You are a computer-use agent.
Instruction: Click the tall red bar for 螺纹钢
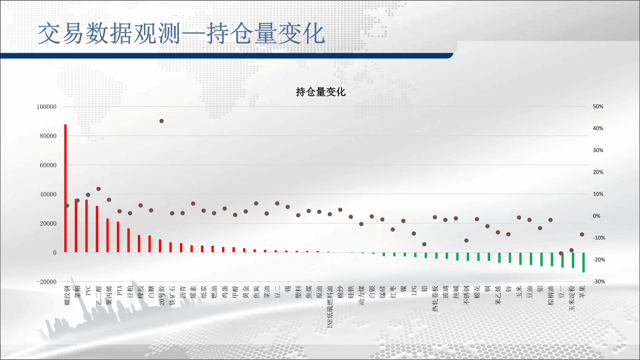66,188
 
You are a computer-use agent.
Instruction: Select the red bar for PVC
86,226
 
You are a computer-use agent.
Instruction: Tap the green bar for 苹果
583,262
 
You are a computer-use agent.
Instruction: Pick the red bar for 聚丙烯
108,236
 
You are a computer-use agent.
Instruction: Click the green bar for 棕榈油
552,259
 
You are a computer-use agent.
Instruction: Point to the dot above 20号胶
162,121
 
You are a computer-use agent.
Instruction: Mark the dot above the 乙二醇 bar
99,189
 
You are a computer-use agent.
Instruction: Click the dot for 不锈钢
466,240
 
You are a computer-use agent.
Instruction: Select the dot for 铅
424,244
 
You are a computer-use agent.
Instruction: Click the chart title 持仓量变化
321,92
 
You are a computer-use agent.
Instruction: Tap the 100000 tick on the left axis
46,107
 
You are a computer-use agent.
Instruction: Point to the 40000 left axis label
48,194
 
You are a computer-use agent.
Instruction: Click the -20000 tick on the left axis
46,282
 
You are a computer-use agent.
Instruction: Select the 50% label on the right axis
598,107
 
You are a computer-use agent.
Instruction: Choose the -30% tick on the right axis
599,282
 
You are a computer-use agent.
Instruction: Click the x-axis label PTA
120,291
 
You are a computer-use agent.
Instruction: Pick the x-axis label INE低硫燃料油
330,307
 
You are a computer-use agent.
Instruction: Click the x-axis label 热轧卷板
435,299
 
